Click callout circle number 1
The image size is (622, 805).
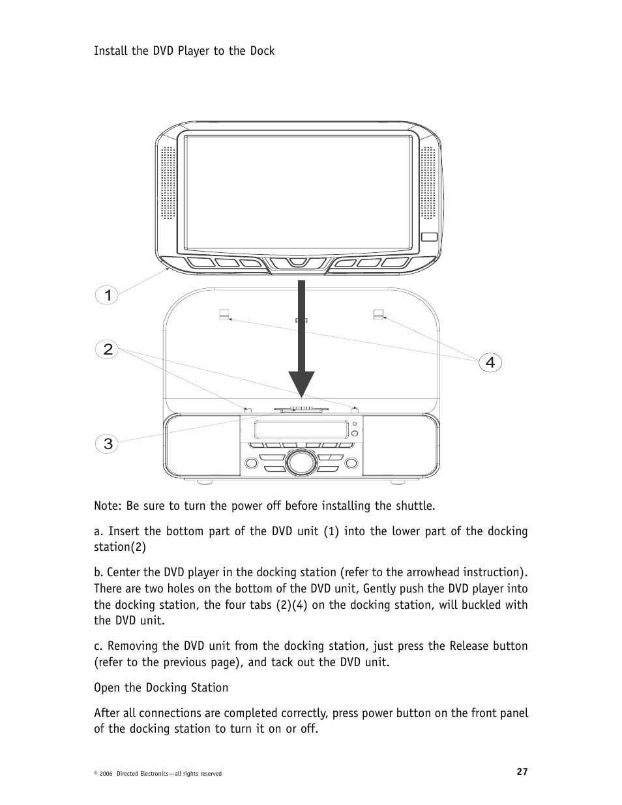coord(108,295)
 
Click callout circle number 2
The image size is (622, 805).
coord(108,349)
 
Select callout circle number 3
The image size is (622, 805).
coord(108,444)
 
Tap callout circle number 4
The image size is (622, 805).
coord(490,362)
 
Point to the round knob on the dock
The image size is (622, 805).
coord(299,461)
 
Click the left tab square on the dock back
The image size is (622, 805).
coord(224,314)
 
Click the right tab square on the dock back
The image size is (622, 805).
coord(378,314)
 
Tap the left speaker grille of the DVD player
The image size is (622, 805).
coord(168,183)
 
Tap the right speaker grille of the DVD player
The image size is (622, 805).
coord(428,183)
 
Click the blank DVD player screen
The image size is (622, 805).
coord(298,192)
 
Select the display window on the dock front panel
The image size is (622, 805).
coord(300,430)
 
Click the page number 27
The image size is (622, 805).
coord(522,772)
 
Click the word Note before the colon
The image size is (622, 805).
coord(106,506)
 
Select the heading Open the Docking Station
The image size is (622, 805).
coord(161,688)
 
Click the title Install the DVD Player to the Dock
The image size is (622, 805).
coord(184,51)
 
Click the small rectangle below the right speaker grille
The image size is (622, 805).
coord(428,237)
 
